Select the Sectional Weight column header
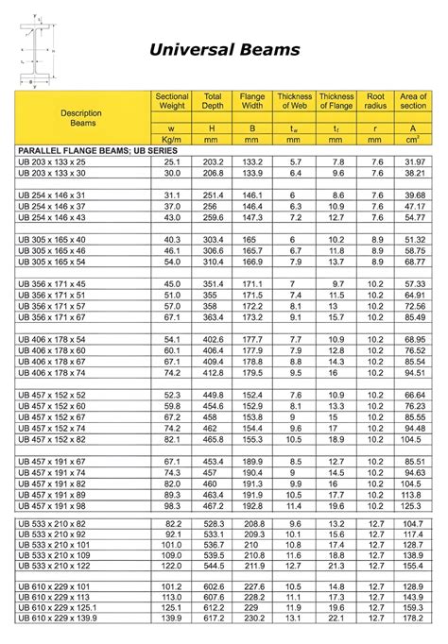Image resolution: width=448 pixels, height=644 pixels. (x=171, y=101)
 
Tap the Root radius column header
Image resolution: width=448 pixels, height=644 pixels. (x=376, y=101)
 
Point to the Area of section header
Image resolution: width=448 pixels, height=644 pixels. (x=413, y=101)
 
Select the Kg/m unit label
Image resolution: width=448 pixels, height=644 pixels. (x=171, y=139)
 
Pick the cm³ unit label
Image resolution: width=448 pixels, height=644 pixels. (x=413, y=139)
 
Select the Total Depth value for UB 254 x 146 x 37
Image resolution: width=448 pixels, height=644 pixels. (x=213, y=206)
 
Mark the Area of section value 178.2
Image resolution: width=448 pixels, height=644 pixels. (x=412, y=630)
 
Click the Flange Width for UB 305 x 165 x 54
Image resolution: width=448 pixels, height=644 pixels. (x=252, y=261)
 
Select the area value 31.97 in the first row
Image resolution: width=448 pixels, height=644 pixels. (x=413, y=162)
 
